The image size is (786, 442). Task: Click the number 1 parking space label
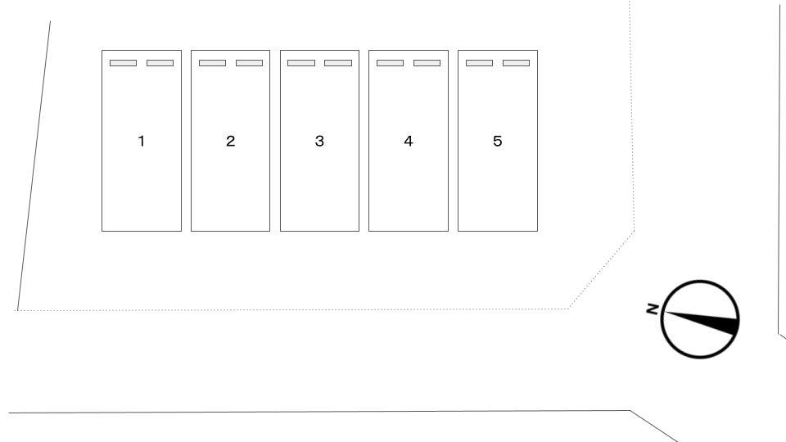click(142, 141)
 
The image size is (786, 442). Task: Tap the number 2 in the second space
click(231, 141)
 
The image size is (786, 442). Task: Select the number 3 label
click(319, 141)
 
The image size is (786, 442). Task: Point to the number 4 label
click(408, 141)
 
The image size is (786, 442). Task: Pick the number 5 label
click(497, 141)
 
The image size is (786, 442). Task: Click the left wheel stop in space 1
click(123, 63)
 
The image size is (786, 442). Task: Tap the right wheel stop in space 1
click(160, 63)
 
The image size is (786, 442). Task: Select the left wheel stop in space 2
click(212, 63)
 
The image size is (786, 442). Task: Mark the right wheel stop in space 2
click(249, 63)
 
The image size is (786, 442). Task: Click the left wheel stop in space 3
click(301, 63)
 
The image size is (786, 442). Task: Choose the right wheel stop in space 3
click(338, 63)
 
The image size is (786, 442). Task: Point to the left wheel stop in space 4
click(390, 63)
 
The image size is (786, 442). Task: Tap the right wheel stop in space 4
click(427, 63)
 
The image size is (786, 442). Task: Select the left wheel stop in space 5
click(479, 63)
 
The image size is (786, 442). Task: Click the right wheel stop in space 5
click(517, 63)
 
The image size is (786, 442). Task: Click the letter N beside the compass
click(653, 309)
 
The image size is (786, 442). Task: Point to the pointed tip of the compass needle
click(665, 312)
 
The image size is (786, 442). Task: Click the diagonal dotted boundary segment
click(602, 270)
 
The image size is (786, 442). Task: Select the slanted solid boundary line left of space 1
click(34, 166)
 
